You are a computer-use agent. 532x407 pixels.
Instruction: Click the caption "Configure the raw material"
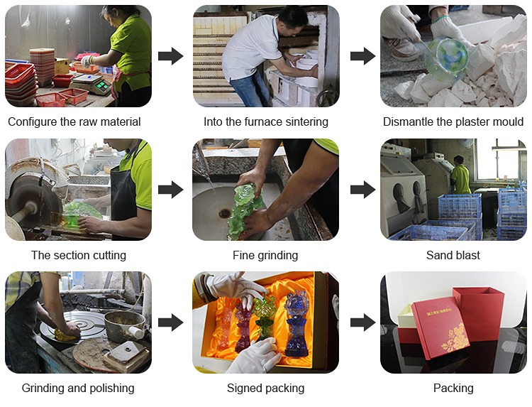[74, 121]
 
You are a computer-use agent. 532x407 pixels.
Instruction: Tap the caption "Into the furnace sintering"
[266, 121]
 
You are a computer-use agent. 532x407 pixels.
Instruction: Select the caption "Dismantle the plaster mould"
[453, 121]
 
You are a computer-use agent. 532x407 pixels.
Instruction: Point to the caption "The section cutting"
[79, 255]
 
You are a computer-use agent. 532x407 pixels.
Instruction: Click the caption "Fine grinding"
[265, 255]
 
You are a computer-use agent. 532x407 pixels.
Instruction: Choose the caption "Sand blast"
[453, 255]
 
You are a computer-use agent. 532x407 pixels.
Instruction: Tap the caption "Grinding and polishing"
[78, 388]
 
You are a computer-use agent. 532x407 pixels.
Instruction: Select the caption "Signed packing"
[266, 388]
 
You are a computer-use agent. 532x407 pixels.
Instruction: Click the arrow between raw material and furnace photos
[171, 56]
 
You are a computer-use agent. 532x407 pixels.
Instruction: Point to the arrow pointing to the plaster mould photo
[362, 56]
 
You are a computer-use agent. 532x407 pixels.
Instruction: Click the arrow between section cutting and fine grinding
[171, 189]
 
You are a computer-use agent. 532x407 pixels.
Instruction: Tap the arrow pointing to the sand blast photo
[362, 189]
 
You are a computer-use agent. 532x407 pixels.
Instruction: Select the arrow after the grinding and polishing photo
[171, 322]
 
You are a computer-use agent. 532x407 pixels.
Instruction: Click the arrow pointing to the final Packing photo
[362, 322]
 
